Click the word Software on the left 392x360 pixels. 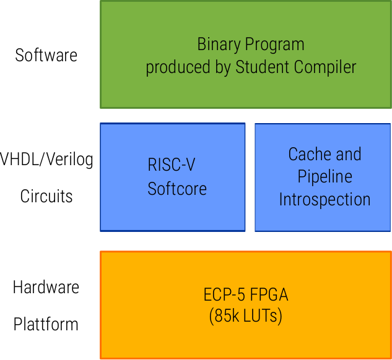(46, 55)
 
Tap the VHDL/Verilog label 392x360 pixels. (47, 160)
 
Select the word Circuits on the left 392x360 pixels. (46, 197)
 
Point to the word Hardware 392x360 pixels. (46, 288)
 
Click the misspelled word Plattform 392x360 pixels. (46, 324)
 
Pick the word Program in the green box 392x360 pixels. (275, 45)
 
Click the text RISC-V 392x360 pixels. (172, 165)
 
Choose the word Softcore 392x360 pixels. (177, 188)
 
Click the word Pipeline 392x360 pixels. (324, 177)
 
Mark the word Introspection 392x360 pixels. (324, 200)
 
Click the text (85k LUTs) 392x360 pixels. (246, 317)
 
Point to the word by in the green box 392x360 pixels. (222, 67)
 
